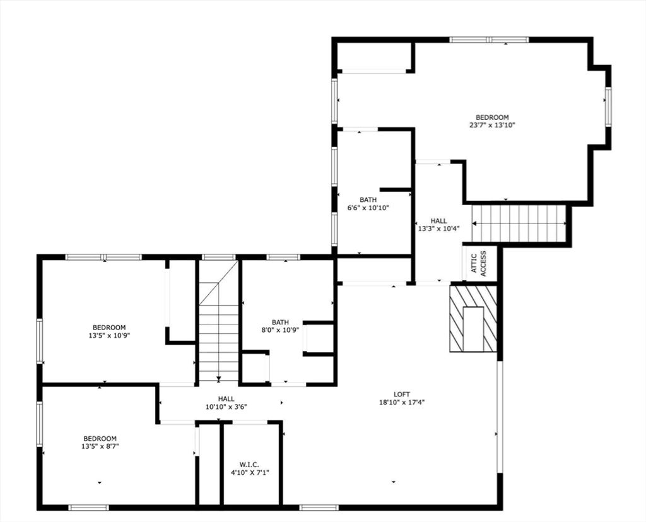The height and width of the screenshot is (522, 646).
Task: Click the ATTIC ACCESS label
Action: tap(478, 264)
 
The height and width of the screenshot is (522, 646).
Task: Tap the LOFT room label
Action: tap(402, 394)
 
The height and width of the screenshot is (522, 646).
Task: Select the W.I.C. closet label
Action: tap(250, 465)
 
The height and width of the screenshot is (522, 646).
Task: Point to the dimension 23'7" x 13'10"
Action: tap(492, 125)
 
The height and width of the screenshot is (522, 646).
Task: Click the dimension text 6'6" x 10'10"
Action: tap(368, 208)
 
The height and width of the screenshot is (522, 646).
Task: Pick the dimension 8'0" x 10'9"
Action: tap(280, 330)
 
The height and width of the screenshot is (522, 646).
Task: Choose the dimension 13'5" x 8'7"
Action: tap(100, 446)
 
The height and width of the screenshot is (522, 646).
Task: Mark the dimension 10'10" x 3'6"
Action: tap(226, 406)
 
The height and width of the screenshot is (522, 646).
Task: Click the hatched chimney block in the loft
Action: tap(473, 319)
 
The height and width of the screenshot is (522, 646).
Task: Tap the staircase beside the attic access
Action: tap(519, 223)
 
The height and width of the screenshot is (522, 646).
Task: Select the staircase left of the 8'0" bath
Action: tap(219, 322)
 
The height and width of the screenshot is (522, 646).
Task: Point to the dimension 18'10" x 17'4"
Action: tap(402, 402)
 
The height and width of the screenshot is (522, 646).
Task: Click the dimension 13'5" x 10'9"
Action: tap(109, 336)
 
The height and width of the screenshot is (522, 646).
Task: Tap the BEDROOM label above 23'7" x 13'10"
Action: tap(492, 117)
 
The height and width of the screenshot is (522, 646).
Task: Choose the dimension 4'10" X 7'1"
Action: tap(250, 473)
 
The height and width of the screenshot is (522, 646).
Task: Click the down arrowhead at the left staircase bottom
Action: tap(219, 379)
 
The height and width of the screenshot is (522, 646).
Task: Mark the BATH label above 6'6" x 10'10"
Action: tap(368, 200)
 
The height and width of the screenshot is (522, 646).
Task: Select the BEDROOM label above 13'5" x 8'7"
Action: tap(100, 438)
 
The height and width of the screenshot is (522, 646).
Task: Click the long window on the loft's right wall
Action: tap(500, 417)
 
